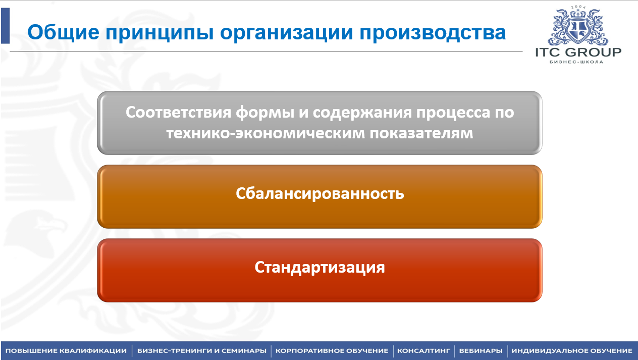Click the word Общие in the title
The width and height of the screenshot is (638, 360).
(63, 32)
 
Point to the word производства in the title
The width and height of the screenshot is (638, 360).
(433, 33)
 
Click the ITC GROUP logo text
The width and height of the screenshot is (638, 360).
(578, 53)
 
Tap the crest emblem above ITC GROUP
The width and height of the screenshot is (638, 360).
(578, 26)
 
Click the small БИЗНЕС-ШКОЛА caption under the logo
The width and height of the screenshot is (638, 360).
(576, 62)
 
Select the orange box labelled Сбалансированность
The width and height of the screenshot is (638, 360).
(320, 196)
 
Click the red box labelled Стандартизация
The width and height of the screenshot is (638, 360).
(320, 270)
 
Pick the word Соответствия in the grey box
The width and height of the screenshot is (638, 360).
(178, 112)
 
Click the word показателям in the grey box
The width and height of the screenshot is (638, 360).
(421, 133)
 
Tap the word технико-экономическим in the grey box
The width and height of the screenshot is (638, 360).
(265, 133)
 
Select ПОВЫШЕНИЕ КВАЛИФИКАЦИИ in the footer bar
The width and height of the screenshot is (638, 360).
(66, 351)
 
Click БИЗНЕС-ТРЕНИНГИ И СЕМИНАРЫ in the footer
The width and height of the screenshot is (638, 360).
(202, 351)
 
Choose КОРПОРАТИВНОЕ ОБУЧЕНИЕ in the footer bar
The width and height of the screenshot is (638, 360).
(332, 351)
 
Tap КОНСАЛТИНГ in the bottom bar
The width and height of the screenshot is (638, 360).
(424, 351)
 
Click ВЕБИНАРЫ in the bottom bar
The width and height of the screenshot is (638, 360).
(481, 351)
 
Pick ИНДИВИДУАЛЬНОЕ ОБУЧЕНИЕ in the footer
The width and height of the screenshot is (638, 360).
(572, 351)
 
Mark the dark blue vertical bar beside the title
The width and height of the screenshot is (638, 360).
(6, 26)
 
